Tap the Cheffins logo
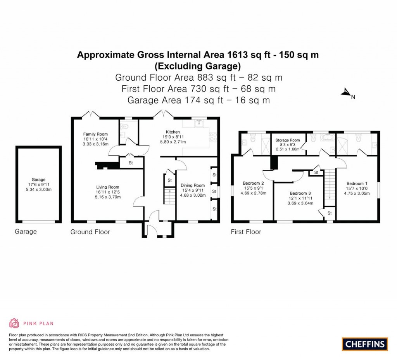point(364,344)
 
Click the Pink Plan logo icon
point(14,323)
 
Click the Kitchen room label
point(173,132)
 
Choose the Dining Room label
point(192,185)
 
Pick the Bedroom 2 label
point(253,183)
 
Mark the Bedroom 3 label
point(300,193)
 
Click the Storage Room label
point(288,140)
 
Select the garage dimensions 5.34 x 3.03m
point(38,190)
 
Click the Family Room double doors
point(91,114)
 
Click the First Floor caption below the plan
point(246,232)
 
